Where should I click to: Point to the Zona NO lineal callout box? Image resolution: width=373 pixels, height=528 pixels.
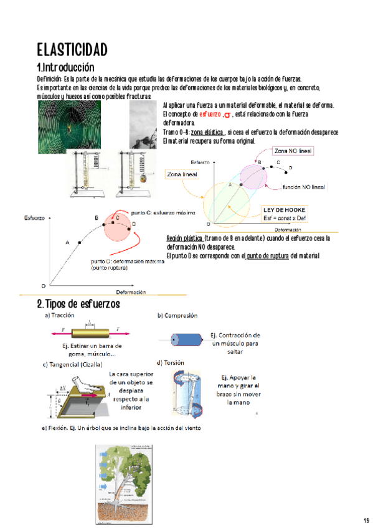pos(293,151)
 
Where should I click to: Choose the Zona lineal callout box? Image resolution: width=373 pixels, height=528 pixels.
pos(182,174)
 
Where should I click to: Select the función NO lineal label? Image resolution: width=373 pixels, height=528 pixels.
pos(303,186)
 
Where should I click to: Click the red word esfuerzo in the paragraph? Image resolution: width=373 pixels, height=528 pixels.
pos(210,115)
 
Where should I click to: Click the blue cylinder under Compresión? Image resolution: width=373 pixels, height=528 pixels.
pos(188,339)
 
